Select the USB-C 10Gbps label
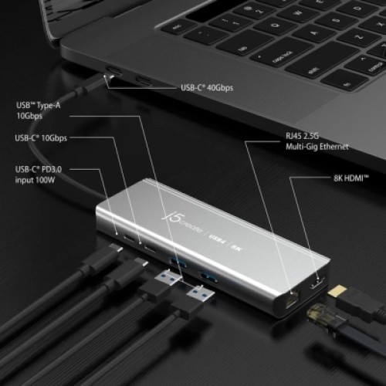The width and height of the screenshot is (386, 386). tap(41, 138)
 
